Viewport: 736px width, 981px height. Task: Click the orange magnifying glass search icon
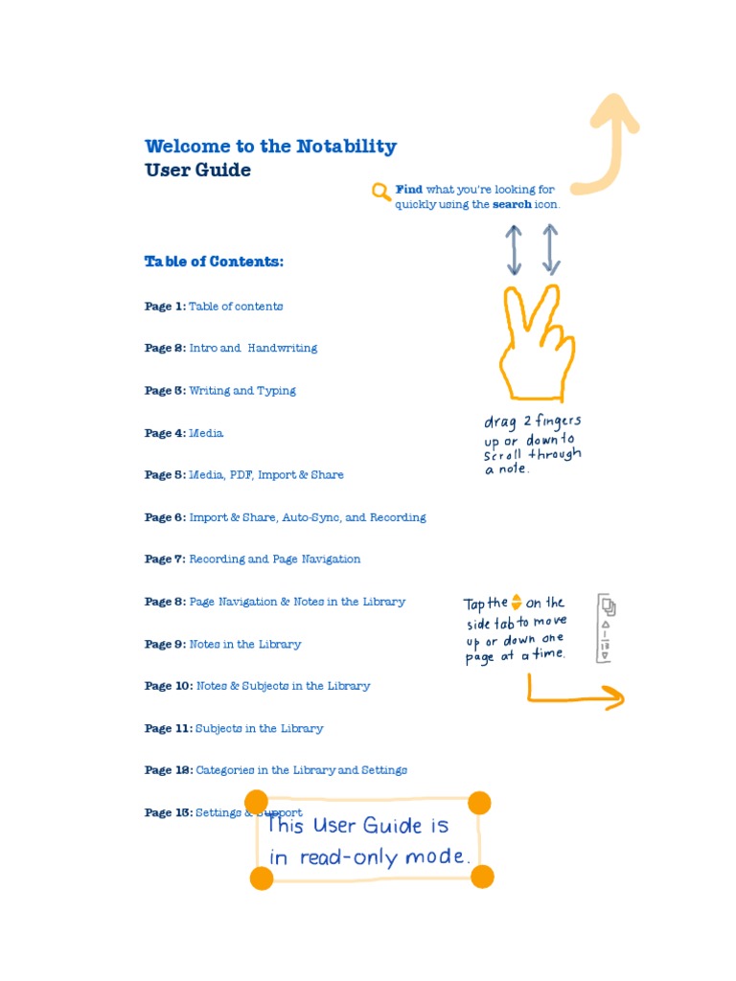[x=381, y=193]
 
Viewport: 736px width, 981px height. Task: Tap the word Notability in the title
[x=346, y=147]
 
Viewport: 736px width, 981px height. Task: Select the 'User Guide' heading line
[x=197, y=171]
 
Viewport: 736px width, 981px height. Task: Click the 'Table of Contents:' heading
[x=214, y=262]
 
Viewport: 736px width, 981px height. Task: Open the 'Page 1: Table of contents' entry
[x=214, y=307]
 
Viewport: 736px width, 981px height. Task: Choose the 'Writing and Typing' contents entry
[x=242, y=391]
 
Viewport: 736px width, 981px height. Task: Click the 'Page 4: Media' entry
[x=184, y=433]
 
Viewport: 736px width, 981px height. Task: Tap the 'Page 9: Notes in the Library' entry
[x=222, y=644]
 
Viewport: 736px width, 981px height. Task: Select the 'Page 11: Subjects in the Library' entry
[x=234, y=728]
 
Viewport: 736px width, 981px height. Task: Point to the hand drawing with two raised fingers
[x=535, y=345]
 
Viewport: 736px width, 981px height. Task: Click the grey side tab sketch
[x=607, y=628]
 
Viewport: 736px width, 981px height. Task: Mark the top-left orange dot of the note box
[x=256, y=801]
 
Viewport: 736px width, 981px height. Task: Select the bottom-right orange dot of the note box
[x=482, y=877]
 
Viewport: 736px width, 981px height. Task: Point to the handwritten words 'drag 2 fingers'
[x=533, y=422]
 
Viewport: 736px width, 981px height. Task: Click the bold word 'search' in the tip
[x=512, y=204]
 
